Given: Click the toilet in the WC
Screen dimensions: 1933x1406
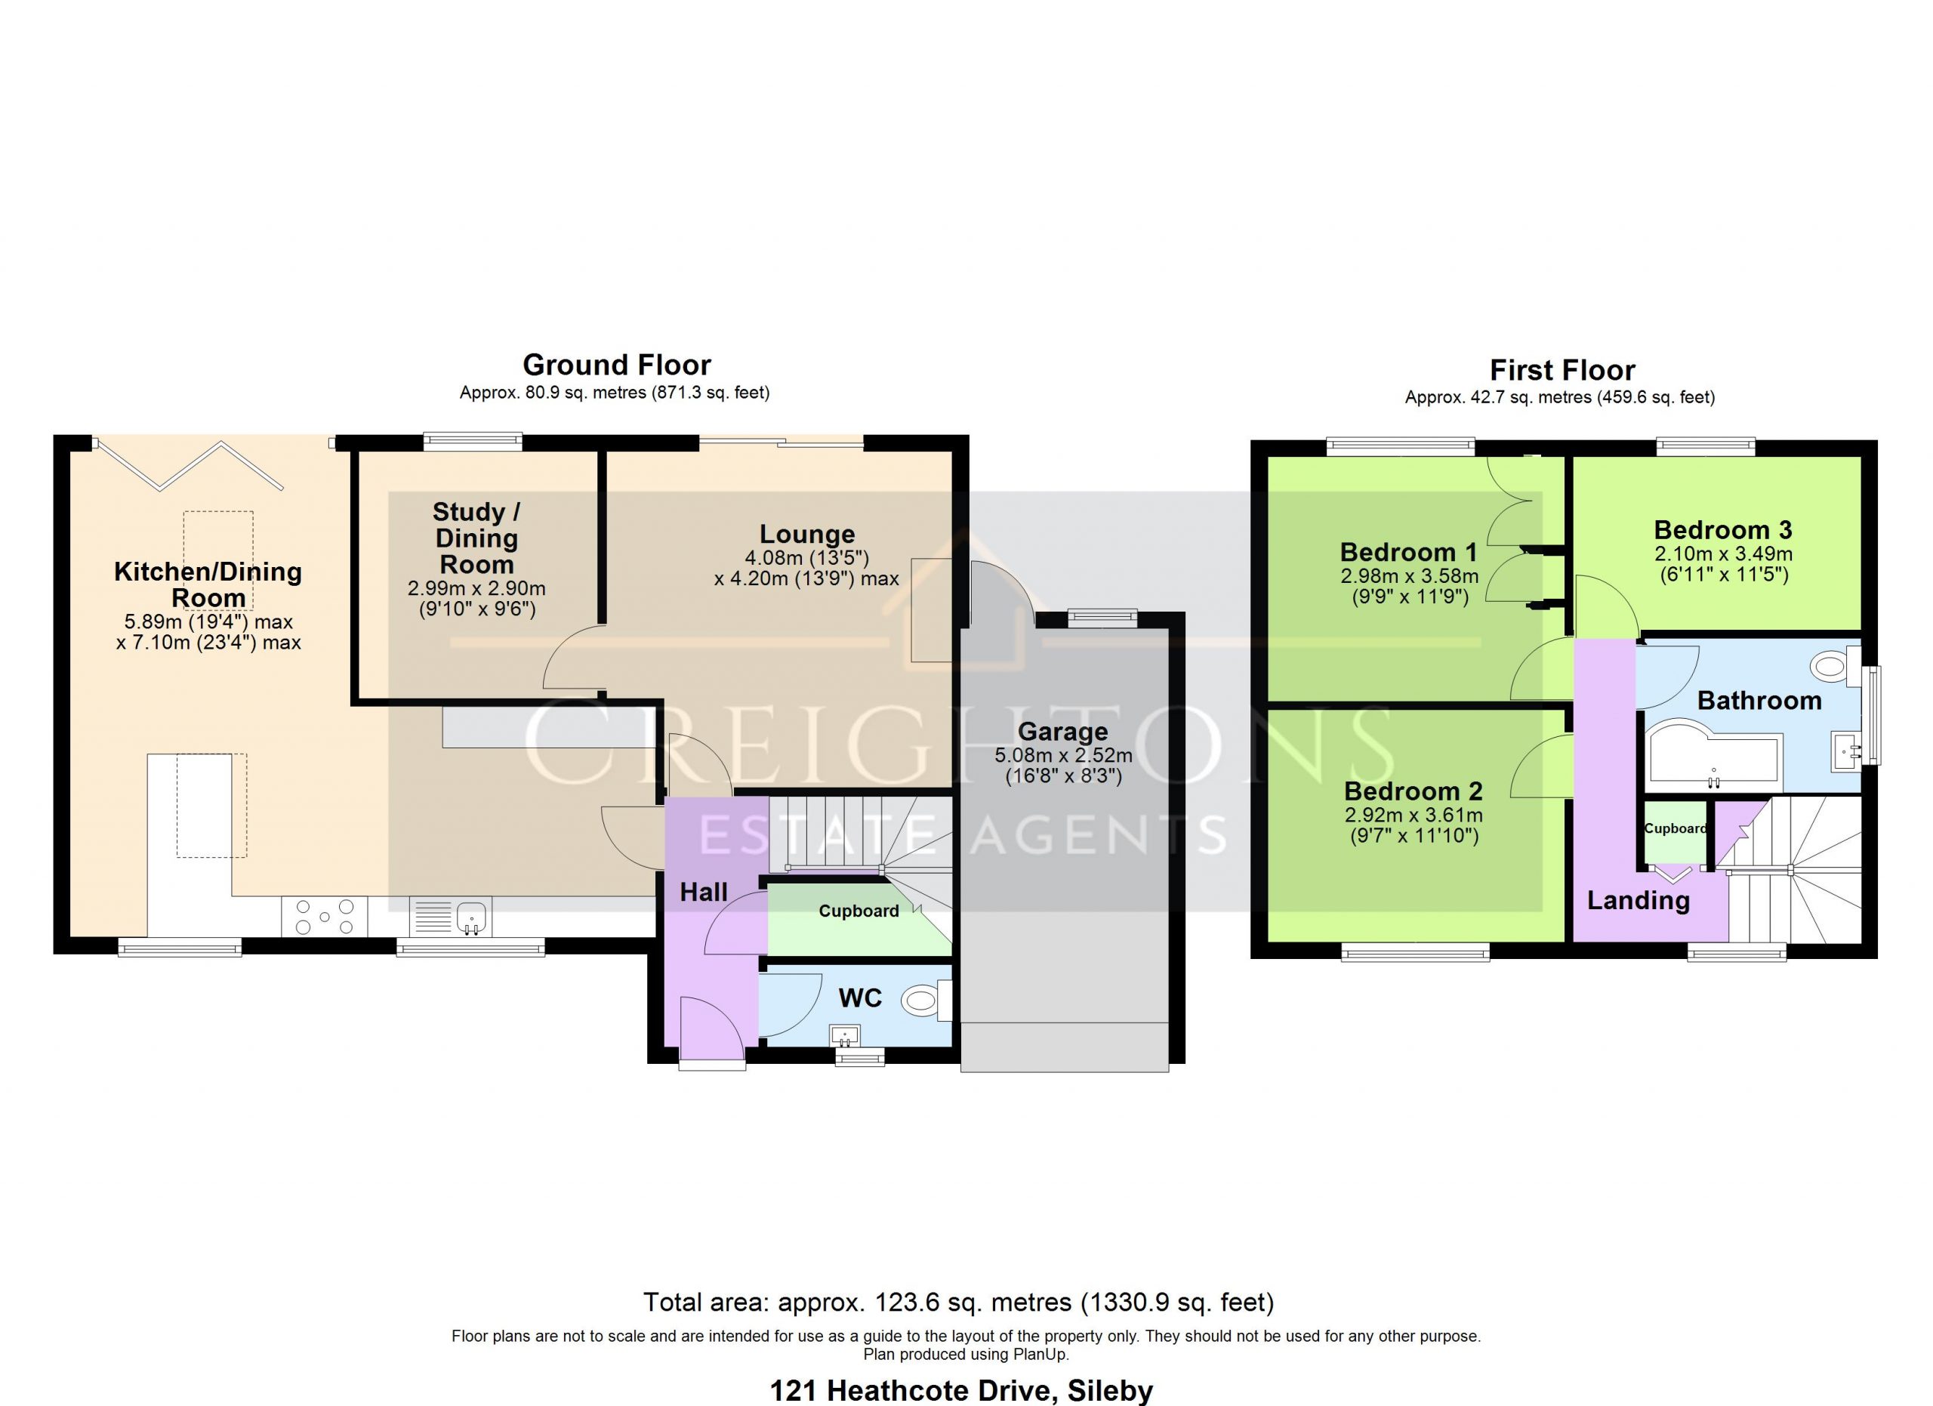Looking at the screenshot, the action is pyautogui.click(x=926, y=1000).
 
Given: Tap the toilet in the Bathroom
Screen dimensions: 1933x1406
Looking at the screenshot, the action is pyautogui.click(x=1835, y=665).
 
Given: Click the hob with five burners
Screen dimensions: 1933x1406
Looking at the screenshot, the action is pyautogui.click(x=325, y=917).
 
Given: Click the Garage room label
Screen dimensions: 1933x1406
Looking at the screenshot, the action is pyautogui.click(x=1063, y=731).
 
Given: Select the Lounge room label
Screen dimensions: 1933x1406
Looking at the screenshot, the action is pyautogui.click(x=807, y=535).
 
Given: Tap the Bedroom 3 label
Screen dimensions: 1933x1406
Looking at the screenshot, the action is pyautogui.click(x=1722, y=530).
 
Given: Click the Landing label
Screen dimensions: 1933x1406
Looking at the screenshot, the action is pyautogui.click(x=1638, y=901).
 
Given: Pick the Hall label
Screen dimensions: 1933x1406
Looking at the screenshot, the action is pyautogui.click(x=703, y=893).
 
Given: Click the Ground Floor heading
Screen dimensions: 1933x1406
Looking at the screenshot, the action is pyautogui.click(x=616, y=365).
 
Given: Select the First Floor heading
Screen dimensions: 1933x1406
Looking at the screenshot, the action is pyautogui.click(x=1562, y=370).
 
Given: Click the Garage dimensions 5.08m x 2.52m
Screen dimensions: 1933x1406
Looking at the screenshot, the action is pyautogui.click(x=1064, y=755).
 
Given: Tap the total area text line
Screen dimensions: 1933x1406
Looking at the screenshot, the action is pyautogui.click(x=958, y=1302).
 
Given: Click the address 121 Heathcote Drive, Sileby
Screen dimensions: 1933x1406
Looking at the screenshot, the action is pyautogui.click(x=961, y=1391).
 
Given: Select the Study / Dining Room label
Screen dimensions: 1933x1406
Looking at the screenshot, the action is pyautogui.click(x=476, y=538).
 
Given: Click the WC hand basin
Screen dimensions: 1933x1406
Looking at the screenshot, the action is pyautogui.click(x=846, y=1035).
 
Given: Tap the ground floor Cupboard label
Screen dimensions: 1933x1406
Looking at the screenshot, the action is pyautogui.click(x=859, y=911).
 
